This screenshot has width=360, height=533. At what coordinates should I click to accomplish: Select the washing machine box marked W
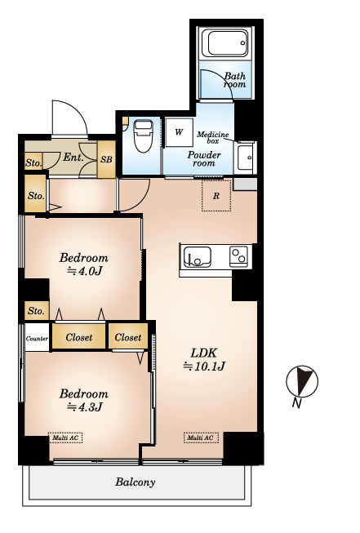[x=179, y=132]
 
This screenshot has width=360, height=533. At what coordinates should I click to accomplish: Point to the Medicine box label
[x=213, y=137]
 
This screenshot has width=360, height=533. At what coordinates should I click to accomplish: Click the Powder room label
[x=204, y=158]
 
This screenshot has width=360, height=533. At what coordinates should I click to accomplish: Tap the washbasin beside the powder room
[x=245, y=158]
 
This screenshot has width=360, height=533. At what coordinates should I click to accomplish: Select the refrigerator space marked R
[x=216, y=195]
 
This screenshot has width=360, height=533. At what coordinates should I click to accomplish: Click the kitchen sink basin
[x=198, y=257]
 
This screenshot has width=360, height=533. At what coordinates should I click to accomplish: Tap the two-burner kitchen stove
[x=238, y=256]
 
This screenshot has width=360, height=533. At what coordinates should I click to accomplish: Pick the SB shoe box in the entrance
[x=106, y=159]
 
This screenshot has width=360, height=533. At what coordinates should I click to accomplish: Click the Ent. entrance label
[x=73, y=158]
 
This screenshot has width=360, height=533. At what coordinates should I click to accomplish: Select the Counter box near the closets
[x=37, y=338]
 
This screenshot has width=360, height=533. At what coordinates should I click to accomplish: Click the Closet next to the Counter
[x=79, y=337]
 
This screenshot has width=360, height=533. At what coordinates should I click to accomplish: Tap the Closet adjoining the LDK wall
[x=128, y=336]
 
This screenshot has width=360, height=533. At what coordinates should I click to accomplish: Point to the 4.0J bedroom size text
[x=85, y=271]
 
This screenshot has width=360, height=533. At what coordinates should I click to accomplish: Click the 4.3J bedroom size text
[x=85, y=406]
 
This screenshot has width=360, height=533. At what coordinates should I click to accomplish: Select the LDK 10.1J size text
[x=204, y=366]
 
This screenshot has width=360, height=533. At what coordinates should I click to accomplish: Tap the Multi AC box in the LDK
[x=201, y=438]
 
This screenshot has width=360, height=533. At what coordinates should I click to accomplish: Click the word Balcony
[x=136, y=482]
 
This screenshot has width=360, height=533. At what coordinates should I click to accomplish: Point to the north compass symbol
[x=302, y=381]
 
